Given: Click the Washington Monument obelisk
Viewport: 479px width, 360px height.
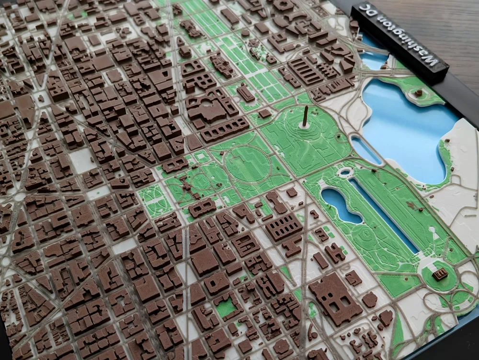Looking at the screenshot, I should [x=305, y=117].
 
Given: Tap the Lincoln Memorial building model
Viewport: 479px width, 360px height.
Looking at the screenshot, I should [x=440, y=274].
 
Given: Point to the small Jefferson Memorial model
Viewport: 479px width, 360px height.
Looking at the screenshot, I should [x=419, y=93].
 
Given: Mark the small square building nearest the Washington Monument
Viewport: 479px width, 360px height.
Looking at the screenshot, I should [x=264, y=114].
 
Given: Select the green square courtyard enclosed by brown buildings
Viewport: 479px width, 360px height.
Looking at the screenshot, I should [x=226, y=307].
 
